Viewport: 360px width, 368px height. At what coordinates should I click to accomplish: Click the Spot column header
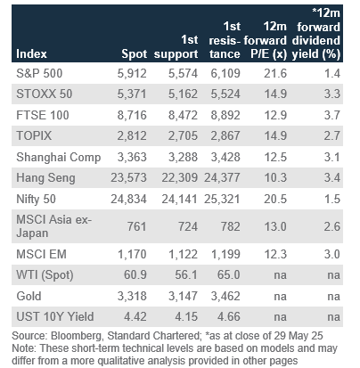click(134, 54)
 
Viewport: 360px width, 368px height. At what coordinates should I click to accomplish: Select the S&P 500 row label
click(39, 73)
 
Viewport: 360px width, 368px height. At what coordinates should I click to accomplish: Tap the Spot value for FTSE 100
click(132, 115)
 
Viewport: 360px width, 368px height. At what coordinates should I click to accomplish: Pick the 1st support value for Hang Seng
click(179, 177)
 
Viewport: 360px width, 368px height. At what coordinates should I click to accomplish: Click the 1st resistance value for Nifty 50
click(222, 199)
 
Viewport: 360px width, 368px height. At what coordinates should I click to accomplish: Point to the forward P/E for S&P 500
click(275, 73)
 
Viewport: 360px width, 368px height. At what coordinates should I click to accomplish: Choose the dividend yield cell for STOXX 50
click(332, 94)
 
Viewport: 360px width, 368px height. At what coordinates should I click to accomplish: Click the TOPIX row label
click(34, 135)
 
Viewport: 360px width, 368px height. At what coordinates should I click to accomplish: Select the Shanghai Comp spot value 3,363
click(132, 157)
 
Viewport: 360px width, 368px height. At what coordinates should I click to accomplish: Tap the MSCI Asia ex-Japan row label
click(53, 226)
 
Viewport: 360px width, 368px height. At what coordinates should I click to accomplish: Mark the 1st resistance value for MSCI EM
click(225, 254)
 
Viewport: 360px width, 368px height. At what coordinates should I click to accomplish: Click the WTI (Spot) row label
click(45, 275)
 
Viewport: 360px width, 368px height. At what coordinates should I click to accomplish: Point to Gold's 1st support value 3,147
click(183, 296)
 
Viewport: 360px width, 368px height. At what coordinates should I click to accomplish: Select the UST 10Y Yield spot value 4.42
click(135, 316)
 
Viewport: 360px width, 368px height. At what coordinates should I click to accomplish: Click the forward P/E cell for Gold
click(280, 297)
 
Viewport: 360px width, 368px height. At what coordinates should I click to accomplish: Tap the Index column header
click(31, 54)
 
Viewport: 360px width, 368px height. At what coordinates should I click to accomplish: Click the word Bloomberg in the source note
click(77, 336)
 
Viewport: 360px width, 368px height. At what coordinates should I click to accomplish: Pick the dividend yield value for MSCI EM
click(332, 254)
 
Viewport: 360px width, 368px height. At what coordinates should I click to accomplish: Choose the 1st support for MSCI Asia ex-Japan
click(188, 226)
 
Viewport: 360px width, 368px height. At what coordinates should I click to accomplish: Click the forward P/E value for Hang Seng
click(275, 177)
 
